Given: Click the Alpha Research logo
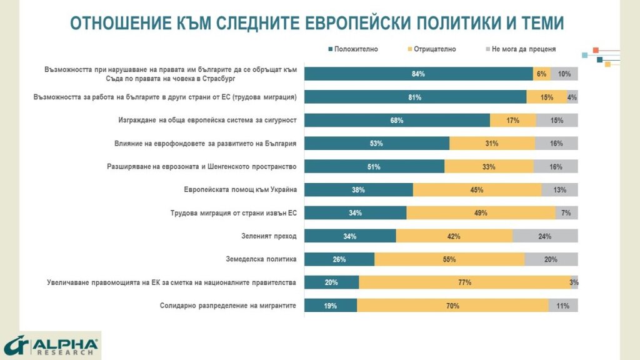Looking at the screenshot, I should [51, 346].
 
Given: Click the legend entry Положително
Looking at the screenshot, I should [356, 49].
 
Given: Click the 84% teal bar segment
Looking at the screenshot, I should [418, 74].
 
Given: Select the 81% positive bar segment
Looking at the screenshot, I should [415, 97].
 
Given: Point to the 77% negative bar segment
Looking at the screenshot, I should [464, 282].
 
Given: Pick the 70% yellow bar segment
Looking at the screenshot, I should [452, 306].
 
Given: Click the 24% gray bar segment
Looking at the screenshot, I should [545, 236].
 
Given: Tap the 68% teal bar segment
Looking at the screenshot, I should [396, 120].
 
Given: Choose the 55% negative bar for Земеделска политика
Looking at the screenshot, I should [449, 259].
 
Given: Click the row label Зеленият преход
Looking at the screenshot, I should [261, 236].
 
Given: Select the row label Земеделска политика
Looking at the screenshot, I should [261, 259].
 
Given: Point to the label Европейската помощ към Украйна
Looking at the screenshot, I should [240, 190].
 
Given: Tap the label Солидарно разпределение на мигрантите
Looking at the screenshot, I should [227, 306].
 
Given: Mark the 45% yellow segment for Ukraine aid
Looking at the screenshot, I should [477, 190].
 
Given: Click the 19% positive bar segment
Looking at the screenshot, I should [331, 306].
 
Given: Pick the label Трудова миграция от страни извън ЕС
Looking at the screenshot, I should [233, 213].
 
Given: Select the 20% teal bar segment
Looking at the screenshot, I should [331, 282].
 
